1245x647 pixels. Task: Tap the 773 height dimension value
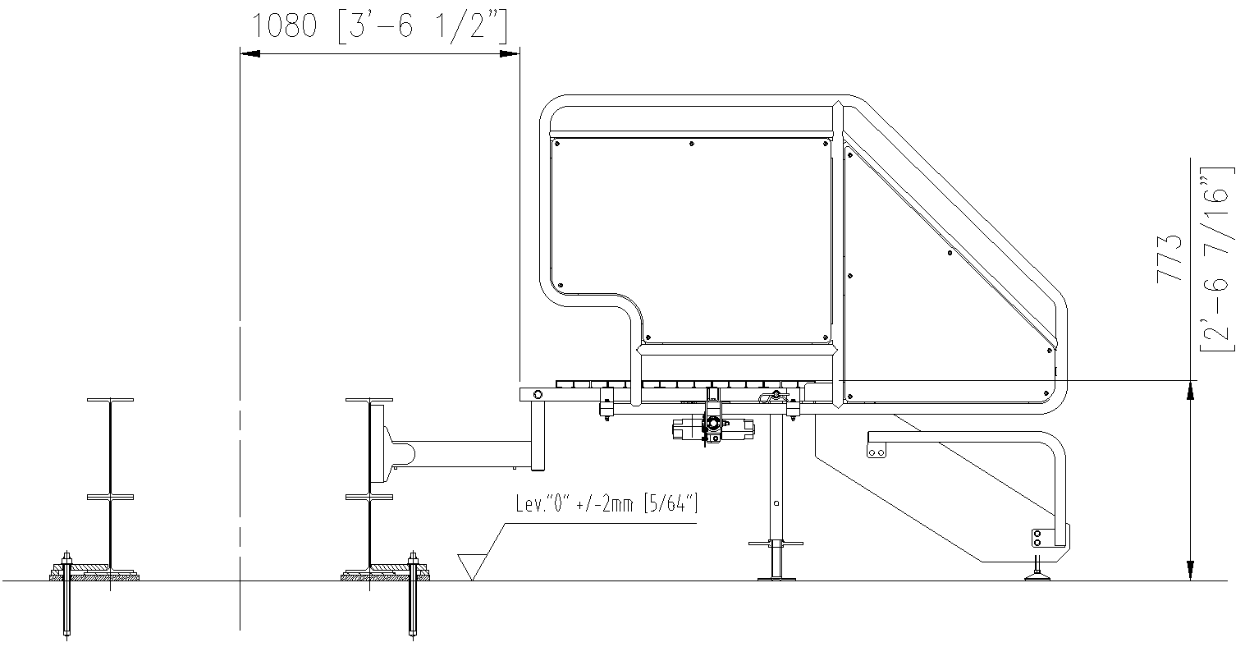pos(1169,259)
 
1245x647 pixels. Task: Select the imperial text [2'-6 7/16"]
pos(1216,259)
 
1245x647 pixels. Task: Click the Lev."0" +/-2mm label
pos(606,504)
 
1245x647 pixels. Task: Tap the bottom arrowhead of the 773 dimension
pos(1190,571)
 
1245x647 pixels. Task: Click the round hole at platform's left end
pos(538,395)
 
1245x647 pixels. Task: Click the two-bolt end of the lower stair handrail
pos(876,452)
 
